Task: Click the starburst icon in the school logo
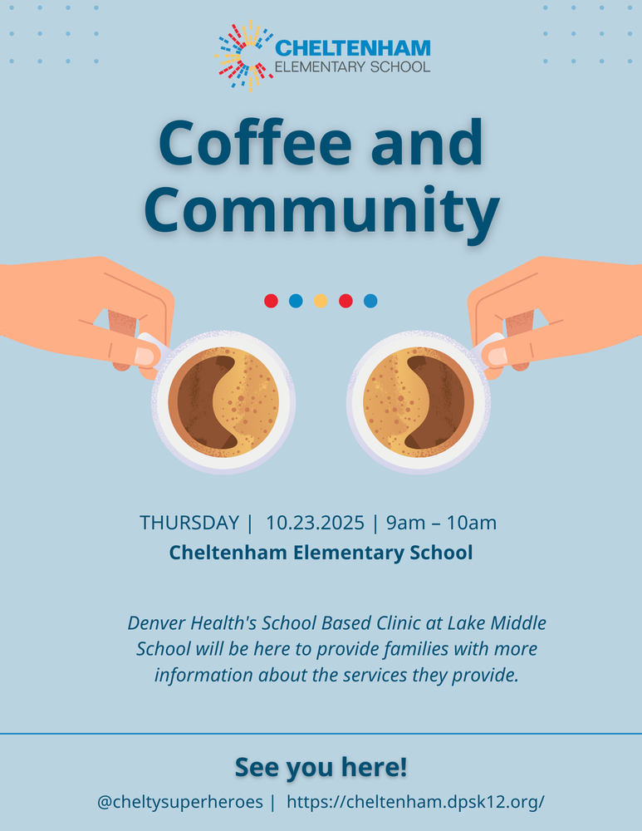pyautogui.click(x=244, y=57)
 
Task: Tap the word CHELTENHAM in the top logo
pyautogui.click(x=353, y=48)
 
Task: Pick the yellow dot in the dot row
pyautogui.click(x=321, y=301)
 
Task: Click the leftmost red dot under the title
pyautogui.click(x=271, y=301)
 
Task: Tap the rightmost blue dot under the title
pyautogui.click(x=370, y=301)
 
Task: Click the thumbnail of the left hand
pyautogui.click(x=145, y=356)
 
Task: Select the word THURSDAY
pyautogui.click(x=189, y=523)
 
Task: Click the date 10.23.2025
pyautogui.click(x=315, y=523)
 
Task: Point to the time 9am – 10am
pyautogui.click(x=441, y=523)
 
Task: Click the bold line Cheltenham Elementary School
pyautogui.click(x=321, y=552)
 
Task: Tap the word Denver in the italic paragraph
pyautogui.click(x=158, y=622)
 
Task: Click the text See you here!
pyautogui.click(x=321, y=767)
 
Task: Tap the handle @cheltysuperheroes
pyautogui.click(x=179, y=803)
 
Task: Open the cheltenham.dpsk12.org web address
pyautogui.click(x=415, y=803)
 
